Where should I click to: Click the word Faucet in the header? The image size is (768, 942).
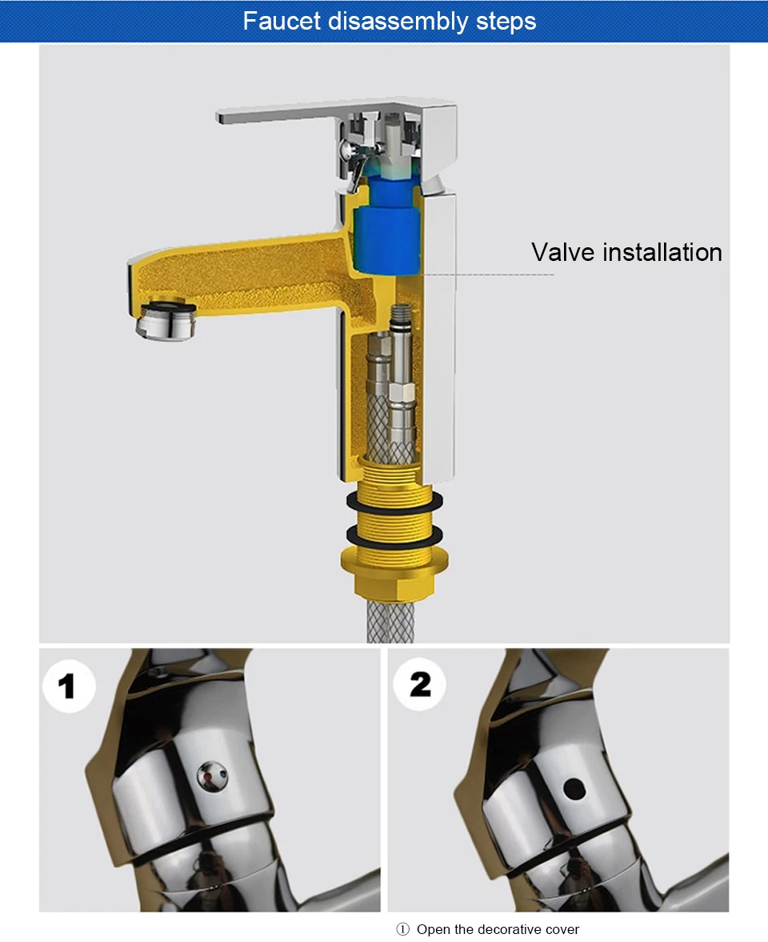282,21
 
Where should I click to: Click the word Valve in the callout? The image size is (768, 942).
562,252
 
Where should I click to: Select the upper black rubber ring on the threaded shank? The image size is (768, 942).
394,500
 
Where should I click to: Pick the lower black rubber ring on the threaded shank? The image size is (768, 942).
394,535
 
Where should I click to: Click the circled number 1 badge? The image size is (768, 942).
69,686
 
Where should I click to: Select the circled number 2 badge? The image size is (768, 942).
420,684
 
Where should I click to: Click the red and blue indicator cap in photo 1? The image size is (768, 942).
213,776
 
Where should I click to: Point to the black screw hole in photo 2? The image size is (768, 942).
574,789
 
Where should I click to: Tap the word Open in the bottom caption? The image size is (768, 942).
433,930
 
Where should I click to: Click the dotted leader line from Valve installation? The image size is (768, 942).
487,275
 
